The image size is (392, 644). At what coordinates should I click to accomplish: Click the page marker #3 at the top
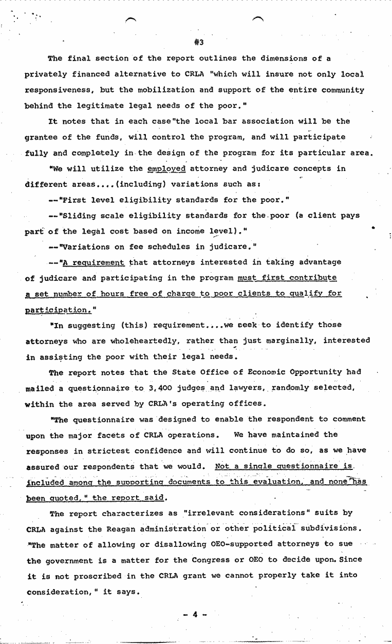[x=199, y=42]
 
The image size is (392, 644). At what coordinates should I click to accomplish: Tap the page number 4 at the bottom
[x=195, y=614]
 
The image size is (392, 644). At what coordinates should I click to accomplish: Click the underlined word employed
[x=166, y=168]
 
